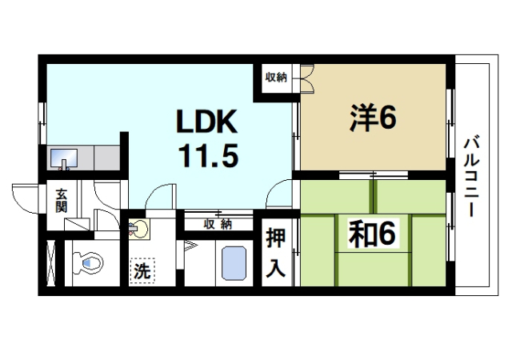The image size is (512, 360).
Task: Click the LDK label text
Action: coord(207,122)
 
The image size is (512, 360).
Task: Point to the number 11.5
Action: coord(207,154)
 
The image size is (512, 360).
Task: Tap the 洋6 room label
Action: coord(372,118)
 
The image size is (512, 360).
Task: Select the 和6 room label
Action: coord(372,234)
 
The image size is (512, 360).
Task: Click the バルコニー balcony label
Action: coord(472,177)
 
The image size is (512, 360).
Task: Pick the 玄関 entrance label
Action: coord(62,200)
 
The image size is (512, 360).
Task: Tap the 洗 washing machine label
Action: coord(142,270)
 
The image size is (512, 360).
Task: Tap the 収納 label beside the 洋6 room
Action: coord(276,78)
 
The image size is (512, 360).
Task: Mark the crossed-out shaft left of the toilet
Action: coord(53,261)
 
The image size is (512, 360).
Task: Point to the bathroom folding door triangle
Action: coord(190,245)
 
